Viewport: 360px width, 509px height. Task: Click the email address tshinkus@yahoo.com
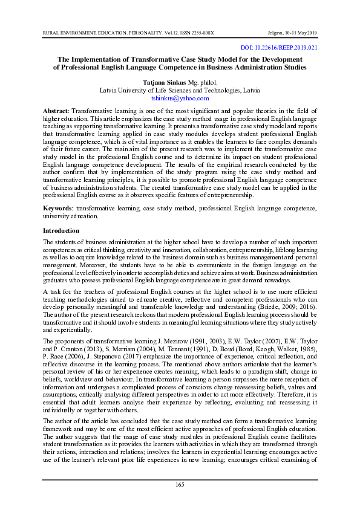pos(180,98)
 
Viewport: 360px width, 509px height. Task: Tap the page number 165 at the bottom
pos(180,485)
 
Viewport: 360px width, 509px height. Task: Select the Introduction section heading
pos(61,231)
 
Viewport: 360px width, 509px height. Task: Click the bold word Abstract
pos(55,112)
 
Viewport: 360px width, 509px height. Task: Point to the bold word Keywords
pos(57,209)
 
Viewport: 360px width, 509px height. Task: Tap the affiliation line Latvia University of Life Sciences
pos(180,89)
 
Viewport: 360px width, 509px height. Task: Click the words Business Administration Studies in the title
pos(257,68)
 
